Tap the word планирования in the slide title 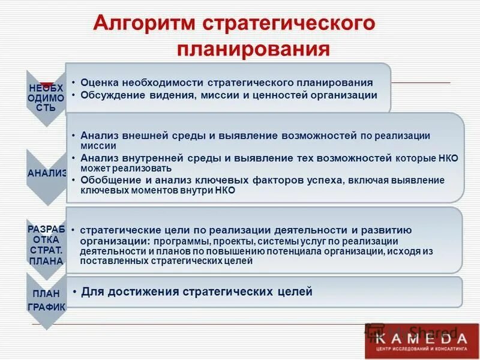coord(253,48)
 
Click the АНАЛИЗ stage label coord(46,173)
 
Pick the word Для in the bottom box coord(92,292)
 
